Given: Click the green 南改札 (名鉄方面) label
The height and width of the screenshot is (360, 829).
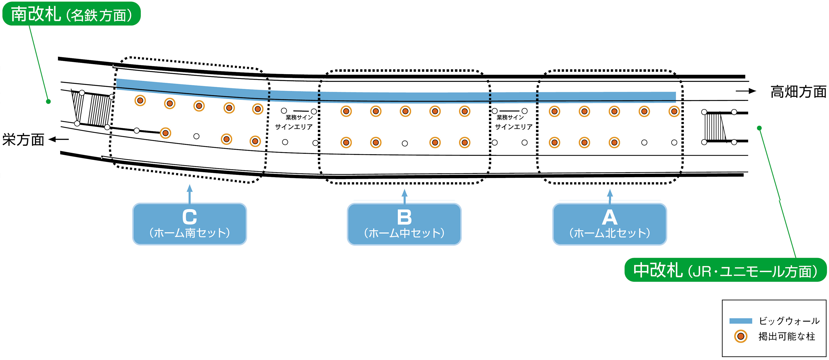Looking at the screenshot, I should coord(71,14).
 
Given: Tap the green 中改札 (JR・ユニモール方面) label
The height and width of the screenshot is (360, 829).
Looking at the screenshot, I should coord(725,270).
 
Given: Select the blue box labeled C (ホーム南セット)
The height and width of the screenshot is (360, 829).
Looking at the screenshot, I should coord(189,224).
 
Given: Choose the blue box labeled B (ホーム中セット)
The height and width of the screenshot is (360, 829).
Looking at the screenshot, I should coord(404,224).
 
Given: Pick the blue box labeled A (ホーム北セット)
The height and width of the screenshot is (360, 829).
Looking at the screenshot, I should coord(610,224).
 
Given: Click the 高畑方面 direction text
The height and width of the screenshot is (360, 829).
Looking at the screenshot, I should coord(798,92).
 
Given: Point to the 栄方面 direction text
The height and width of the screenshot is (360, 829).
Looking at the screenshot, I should coord(23,140).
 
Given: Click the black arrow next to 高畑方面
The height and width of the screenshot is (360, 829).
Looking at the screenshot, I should coord(746,91).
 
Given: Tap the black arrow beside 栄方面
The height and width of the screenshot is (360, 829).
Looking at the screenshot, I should coord(59,139).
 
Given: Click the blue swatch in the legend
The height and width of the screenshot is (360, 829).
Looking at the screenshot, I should coord(740,321).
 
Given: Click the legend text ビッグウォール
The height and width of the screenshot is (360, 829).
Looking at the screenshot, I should coord(789,321).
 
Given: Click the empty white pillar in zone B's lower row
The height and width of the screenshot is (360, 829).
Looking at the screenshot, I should coord(405,143).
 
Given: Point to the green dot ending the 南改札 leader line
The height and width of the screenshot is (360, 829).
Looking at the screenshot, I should coord(48,101).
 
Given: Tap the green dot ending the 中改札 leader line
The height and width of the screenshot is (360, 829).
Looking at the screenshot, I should coord(759,128).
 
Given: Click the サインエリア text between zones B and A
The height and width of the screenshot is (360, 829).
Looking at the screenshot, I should coord(514,127).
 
